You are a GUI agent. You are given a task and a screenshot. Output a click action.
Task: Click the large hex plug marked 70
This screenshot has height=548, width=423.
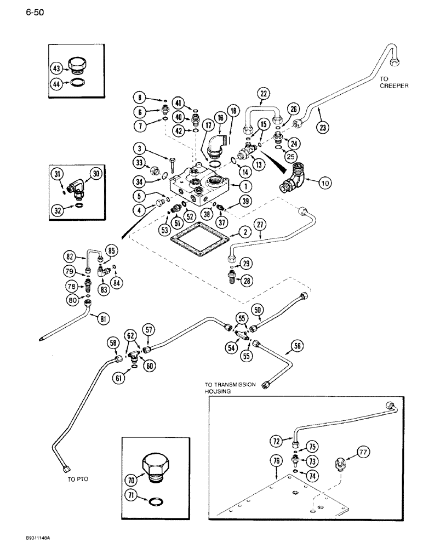tap(152, 464)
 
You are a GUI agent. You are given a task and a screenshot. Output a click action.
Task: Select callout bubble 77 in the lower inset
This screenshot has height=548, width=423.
tap(363, 452)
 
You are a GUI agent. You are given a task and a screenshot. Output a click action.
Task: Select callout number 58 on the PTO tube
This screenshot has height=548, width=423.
tap(113, 343)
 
